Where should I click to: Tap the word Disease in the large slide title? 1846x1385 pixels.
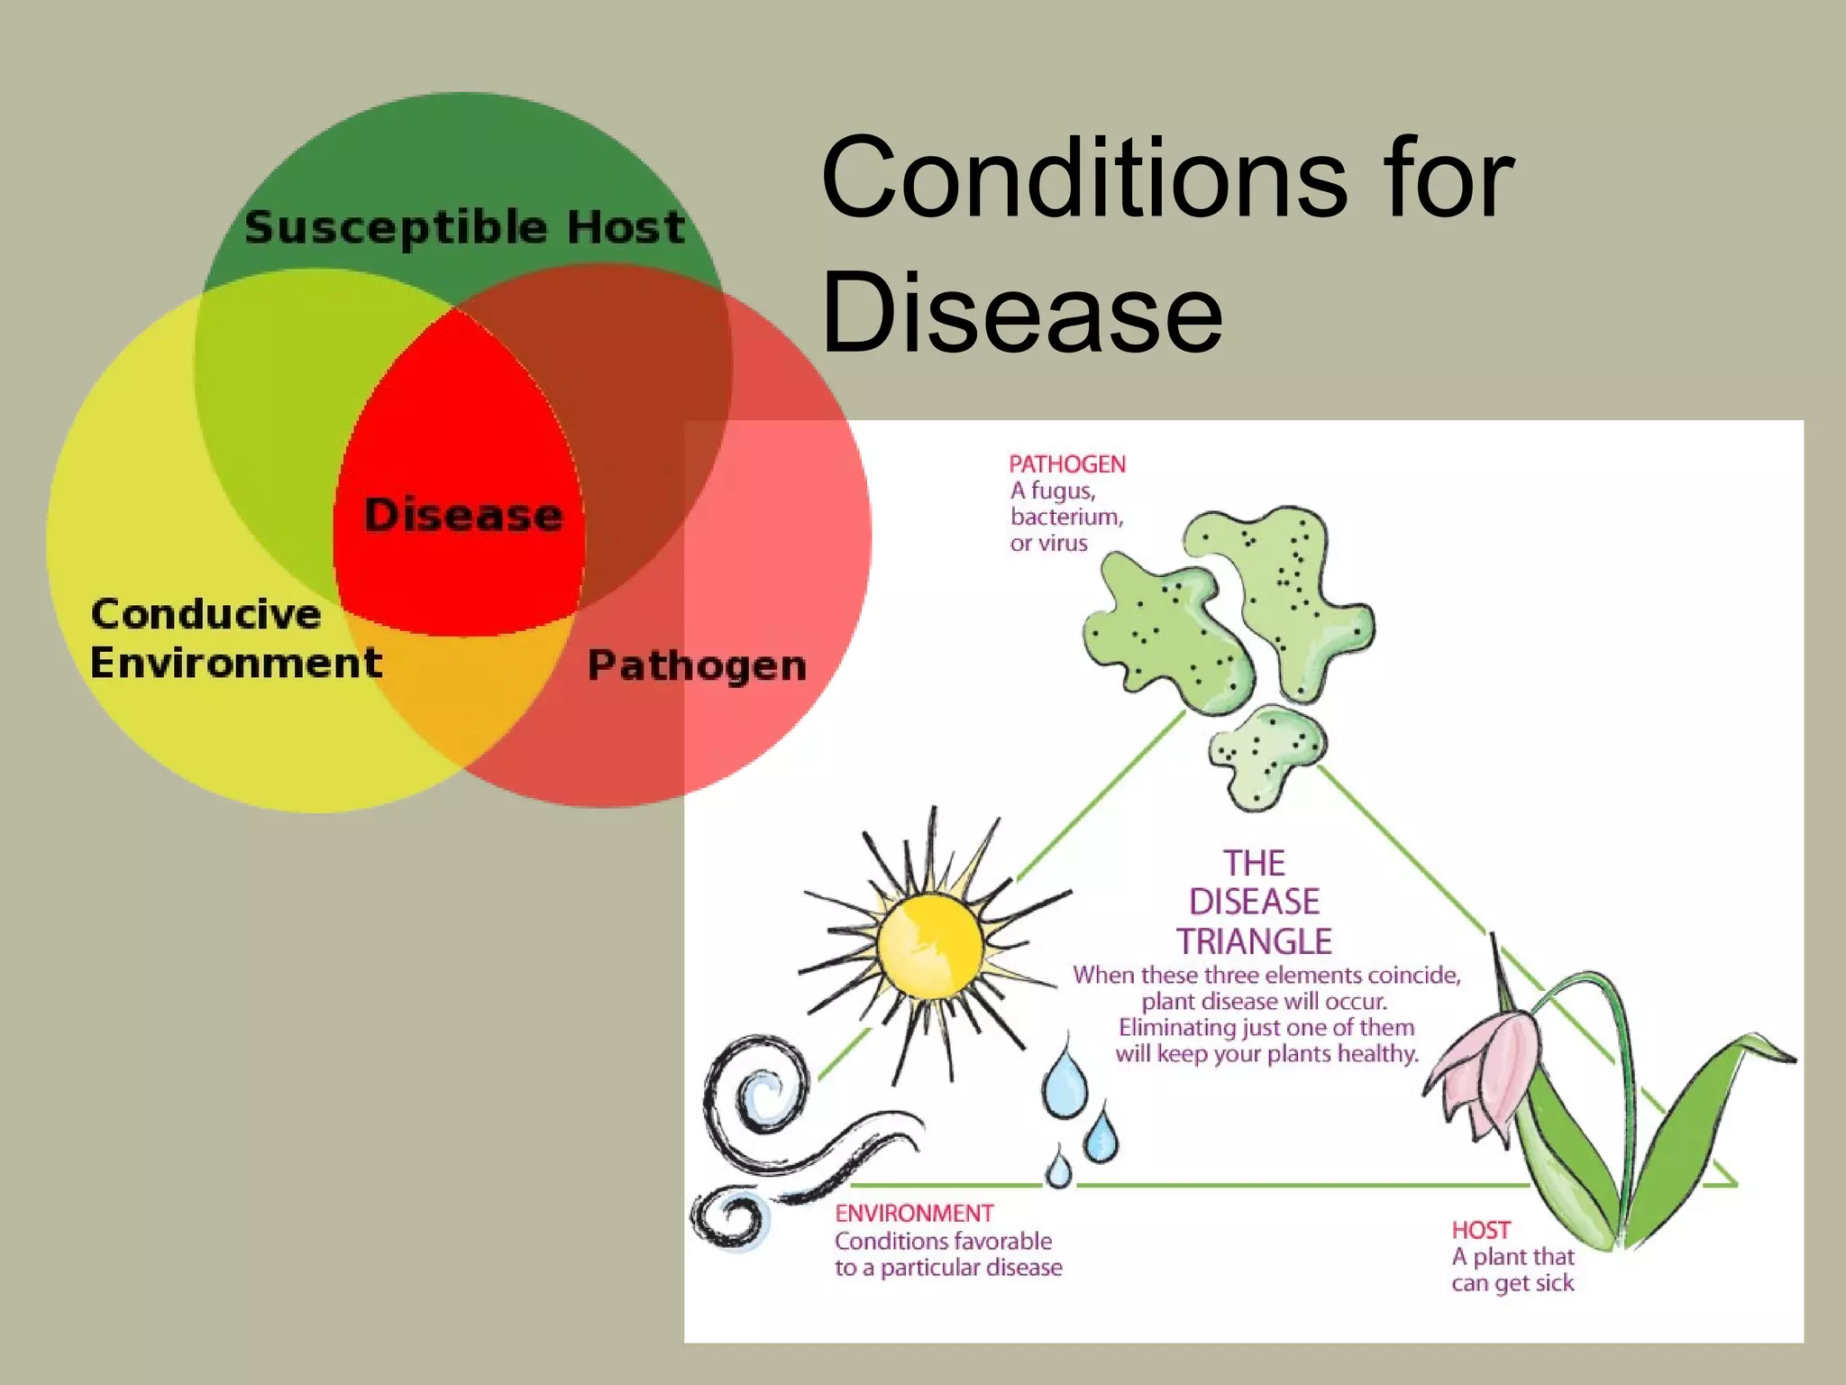1022,313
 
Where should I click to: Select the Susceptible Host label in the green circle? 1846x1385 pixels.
464,226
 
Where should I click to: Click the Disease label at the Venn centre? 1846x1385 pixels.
463,515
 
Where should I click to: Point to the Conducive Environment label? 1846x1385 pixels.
234,638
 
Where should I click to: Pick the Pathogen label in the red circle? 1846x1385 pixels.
697,666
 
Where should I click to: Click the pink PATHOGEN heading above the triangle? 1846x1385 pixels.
1067,464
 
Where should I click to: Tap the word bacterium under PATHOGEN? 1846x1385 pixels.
1066,517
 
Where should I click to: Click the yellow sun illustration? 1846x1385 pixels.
929,944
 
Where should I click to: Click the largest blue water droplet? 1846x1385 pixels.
1066,1080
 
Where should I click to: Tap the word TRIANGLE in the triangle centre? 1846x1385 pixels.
1254,941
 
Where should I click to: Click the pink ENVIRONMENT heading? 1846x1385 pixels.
914,1214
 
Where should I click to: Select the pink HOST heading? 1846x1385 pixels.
1481,1230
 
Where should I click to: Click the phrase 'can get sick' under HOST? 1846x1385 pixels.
1512,1283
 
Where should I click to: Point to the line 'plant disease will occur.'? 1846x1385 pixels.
1264,1002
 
